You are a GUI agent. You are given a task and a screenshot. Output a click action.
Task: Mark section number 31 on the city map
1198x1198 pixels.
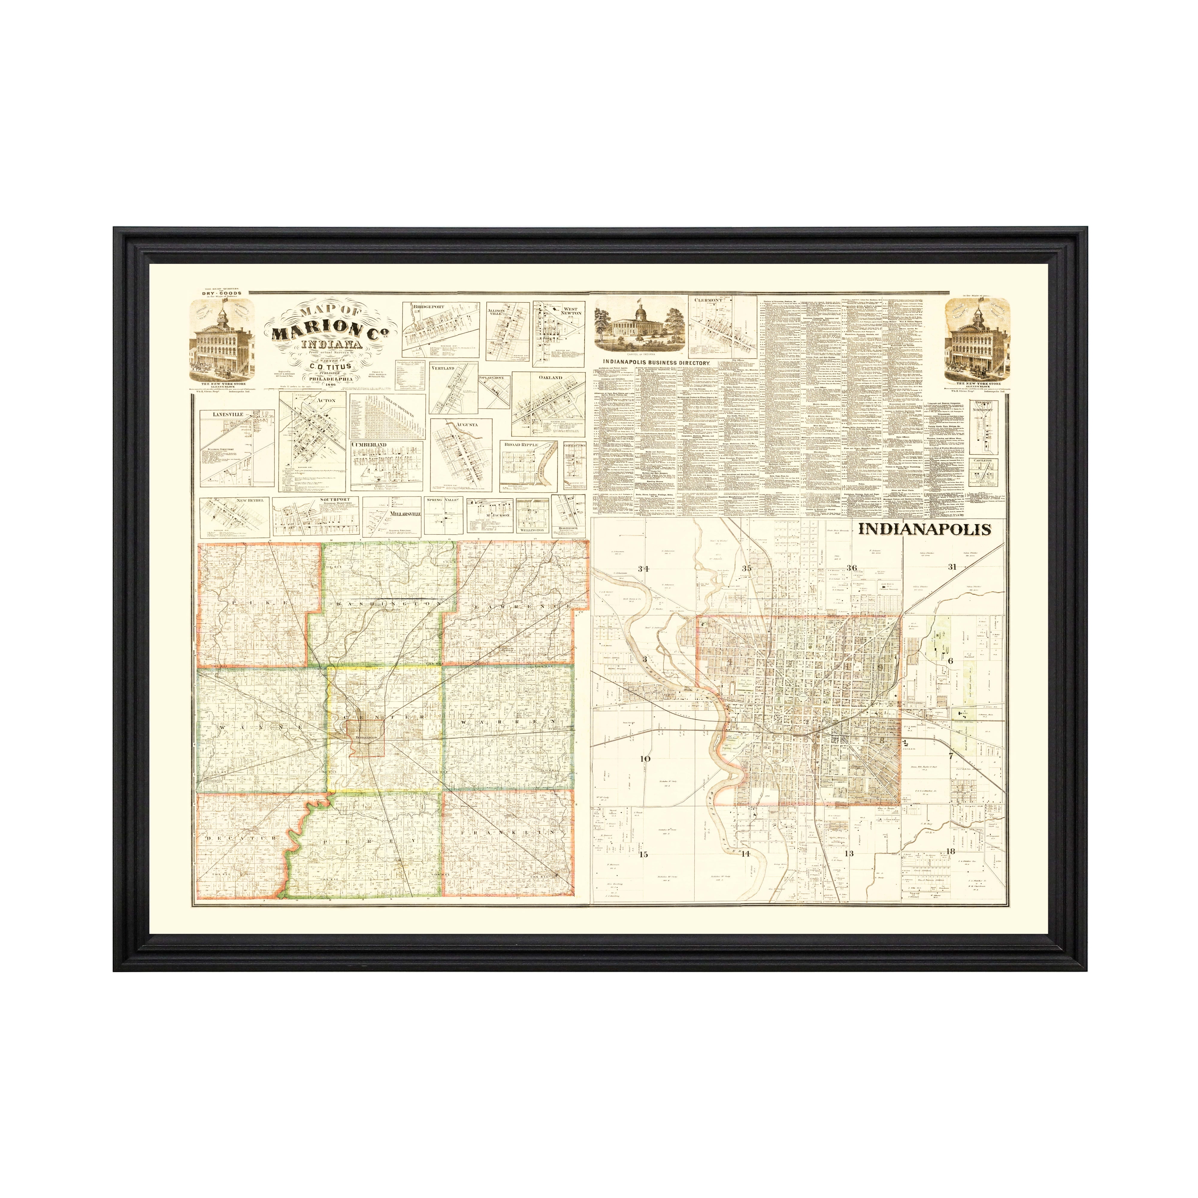[952, 567]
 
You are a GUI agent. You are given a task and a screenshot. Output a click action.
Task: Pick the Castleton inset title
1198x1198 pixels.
[983, 461]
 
